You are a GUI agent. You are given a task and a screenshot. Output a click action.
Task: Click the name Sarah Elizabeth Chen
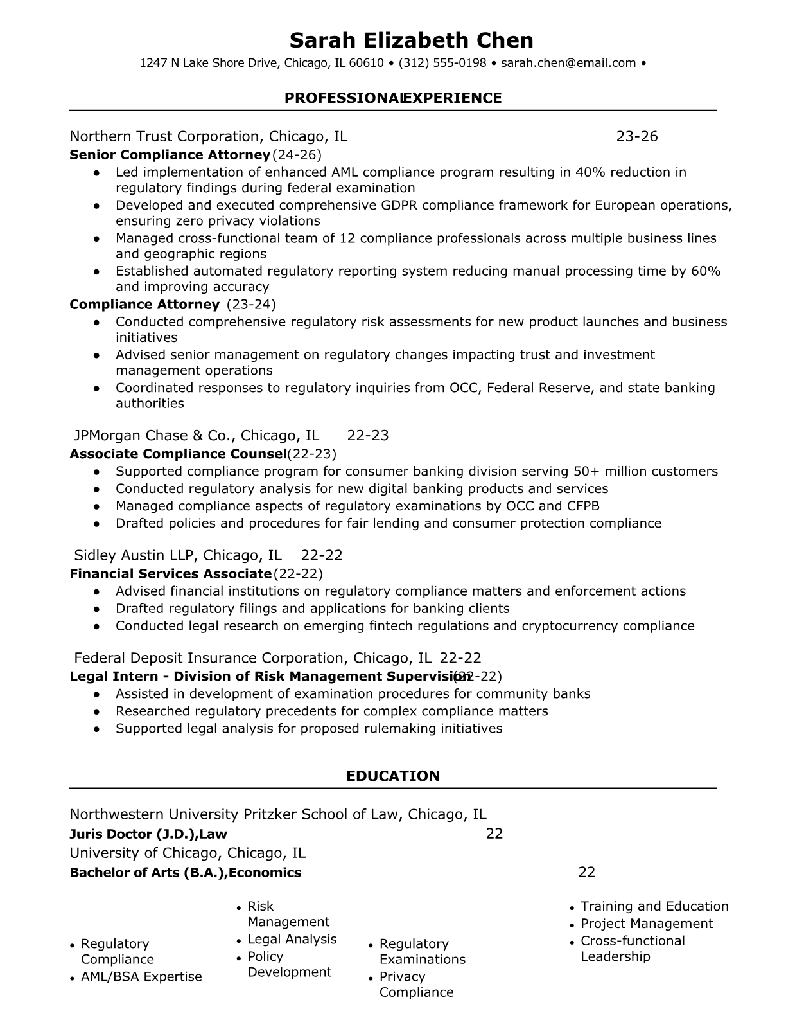pyautogui.click(x=411, y=40)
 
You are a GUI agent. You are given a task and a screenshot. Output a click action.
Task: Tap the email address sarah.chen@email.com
pyautogui.click(x=568, y=63)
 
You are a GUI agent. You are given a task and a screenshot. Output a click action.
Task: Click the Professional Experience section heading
pyautogui.click(x=393, y=98)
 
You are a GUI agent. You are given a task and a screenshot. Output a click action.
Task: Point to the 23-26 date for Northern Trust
pyautogui.click(x=636, y=136)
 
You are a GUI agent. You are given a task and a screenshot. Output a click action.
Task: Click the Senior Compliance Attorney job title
pyautogui.click(x=170, y=155)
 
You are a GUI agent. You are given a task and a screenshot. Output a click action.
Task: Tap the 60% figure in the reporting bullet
pyautogui.click(x=705, y=271)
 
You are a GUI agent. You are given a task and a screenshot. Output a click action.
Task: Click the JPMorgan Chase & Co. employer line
pyautogui.click(x=197, y=436)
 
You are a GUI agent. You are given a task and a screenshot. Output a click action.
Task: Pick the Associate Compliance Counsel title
pyautogui.click(x=178, y=454)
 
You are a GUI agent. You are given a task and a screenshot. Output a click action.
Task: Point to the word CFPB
pyautogui.click(x=582, y=506)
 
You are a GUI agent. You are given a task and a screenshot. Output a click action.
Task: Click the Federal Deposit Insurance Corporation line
pyautogui.click(x=252, y=658)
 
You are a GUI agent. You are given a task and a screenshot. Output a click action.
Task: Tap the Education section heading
pyautogui.click(x=393, y=776)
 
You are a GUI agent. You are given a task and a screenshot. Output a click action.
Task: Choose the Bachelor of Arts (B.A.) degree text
pyautogui.click(x=148, y=873)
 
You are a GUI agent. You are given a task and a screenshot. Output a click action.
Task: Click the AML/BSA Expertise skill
pyautogui.click(x=141, y=977)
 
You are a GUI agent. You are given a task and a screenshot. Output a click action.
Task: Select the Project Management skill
pyautogui.click(x=647, y=924)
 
